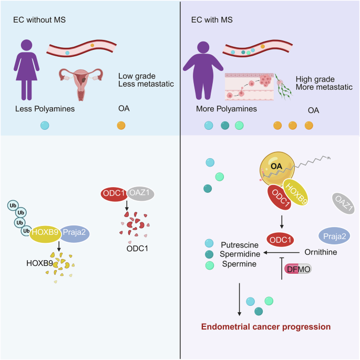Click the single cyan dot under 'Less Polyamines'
tap(45, 126)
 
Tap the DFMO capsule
tap(297, 269)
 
